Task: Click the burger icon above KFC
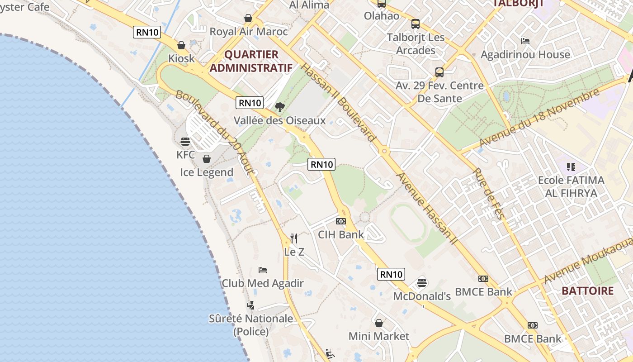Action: pyautogui.click(x=185, y=142)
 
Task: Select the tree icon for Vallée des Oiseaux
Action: pyautogui.click(x=280, y=107)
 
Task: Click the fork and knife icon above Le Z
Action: pyautogui.click(x=294, y=238)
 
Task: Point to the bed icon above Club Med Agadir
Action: pyautogui.click(x=263, y=270)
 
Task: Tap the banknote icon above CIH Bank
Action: pyautogui.click(x=341, y=221)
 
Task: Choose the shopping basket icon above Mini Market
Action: pyautogui.click(x=379, y=323)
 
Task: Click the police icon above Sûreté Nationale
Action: pyautogui.click(x=250, y=305)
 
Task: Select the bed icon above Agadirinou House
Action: pyautogui.click(x=525, y=41)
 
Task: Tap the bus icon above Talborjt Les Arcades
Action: pyautogui.click(x=416, y=24)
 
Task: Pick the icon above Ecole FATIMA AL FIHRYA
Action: pyautogui.click(x=571, y=167)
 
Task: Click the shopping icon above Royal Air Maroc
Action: pyautogui.click(x=248, y=19)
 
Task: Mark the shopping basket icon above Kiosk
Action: pyautogui.click(x=181, y=45)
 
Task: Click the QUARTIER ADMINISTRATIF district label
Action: pyautogui.click(x=251, y=61)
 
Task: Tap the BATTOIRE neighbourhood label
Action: pyautogui.click(x=588, y=291)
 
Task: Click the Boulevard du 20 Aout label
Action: pyautogui.click(x=216, y=133)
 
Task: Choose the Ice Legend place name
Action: pyautogui.click(x=207, y=172)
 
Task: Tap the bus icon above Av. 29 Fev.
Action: pyautogui.click(x=439, y=72)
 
